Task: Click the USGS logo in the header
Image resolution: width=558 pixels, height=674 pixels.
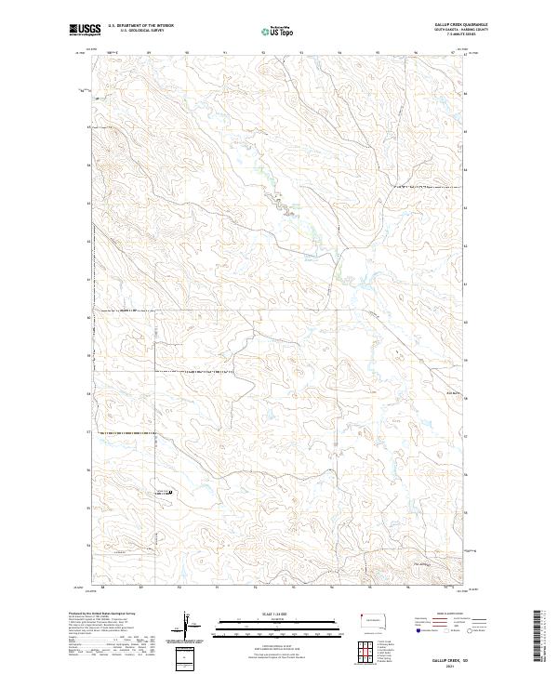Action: coord(86,30)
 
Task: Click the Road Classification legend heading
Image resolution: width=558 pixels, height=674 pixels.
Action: coord(453,614)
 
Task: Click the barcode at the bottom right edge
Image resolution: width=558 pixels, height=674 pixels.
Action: coord(537,635)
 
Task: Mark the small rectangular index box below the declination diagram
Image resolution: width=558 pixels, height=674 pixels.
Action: coord(188,657)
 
